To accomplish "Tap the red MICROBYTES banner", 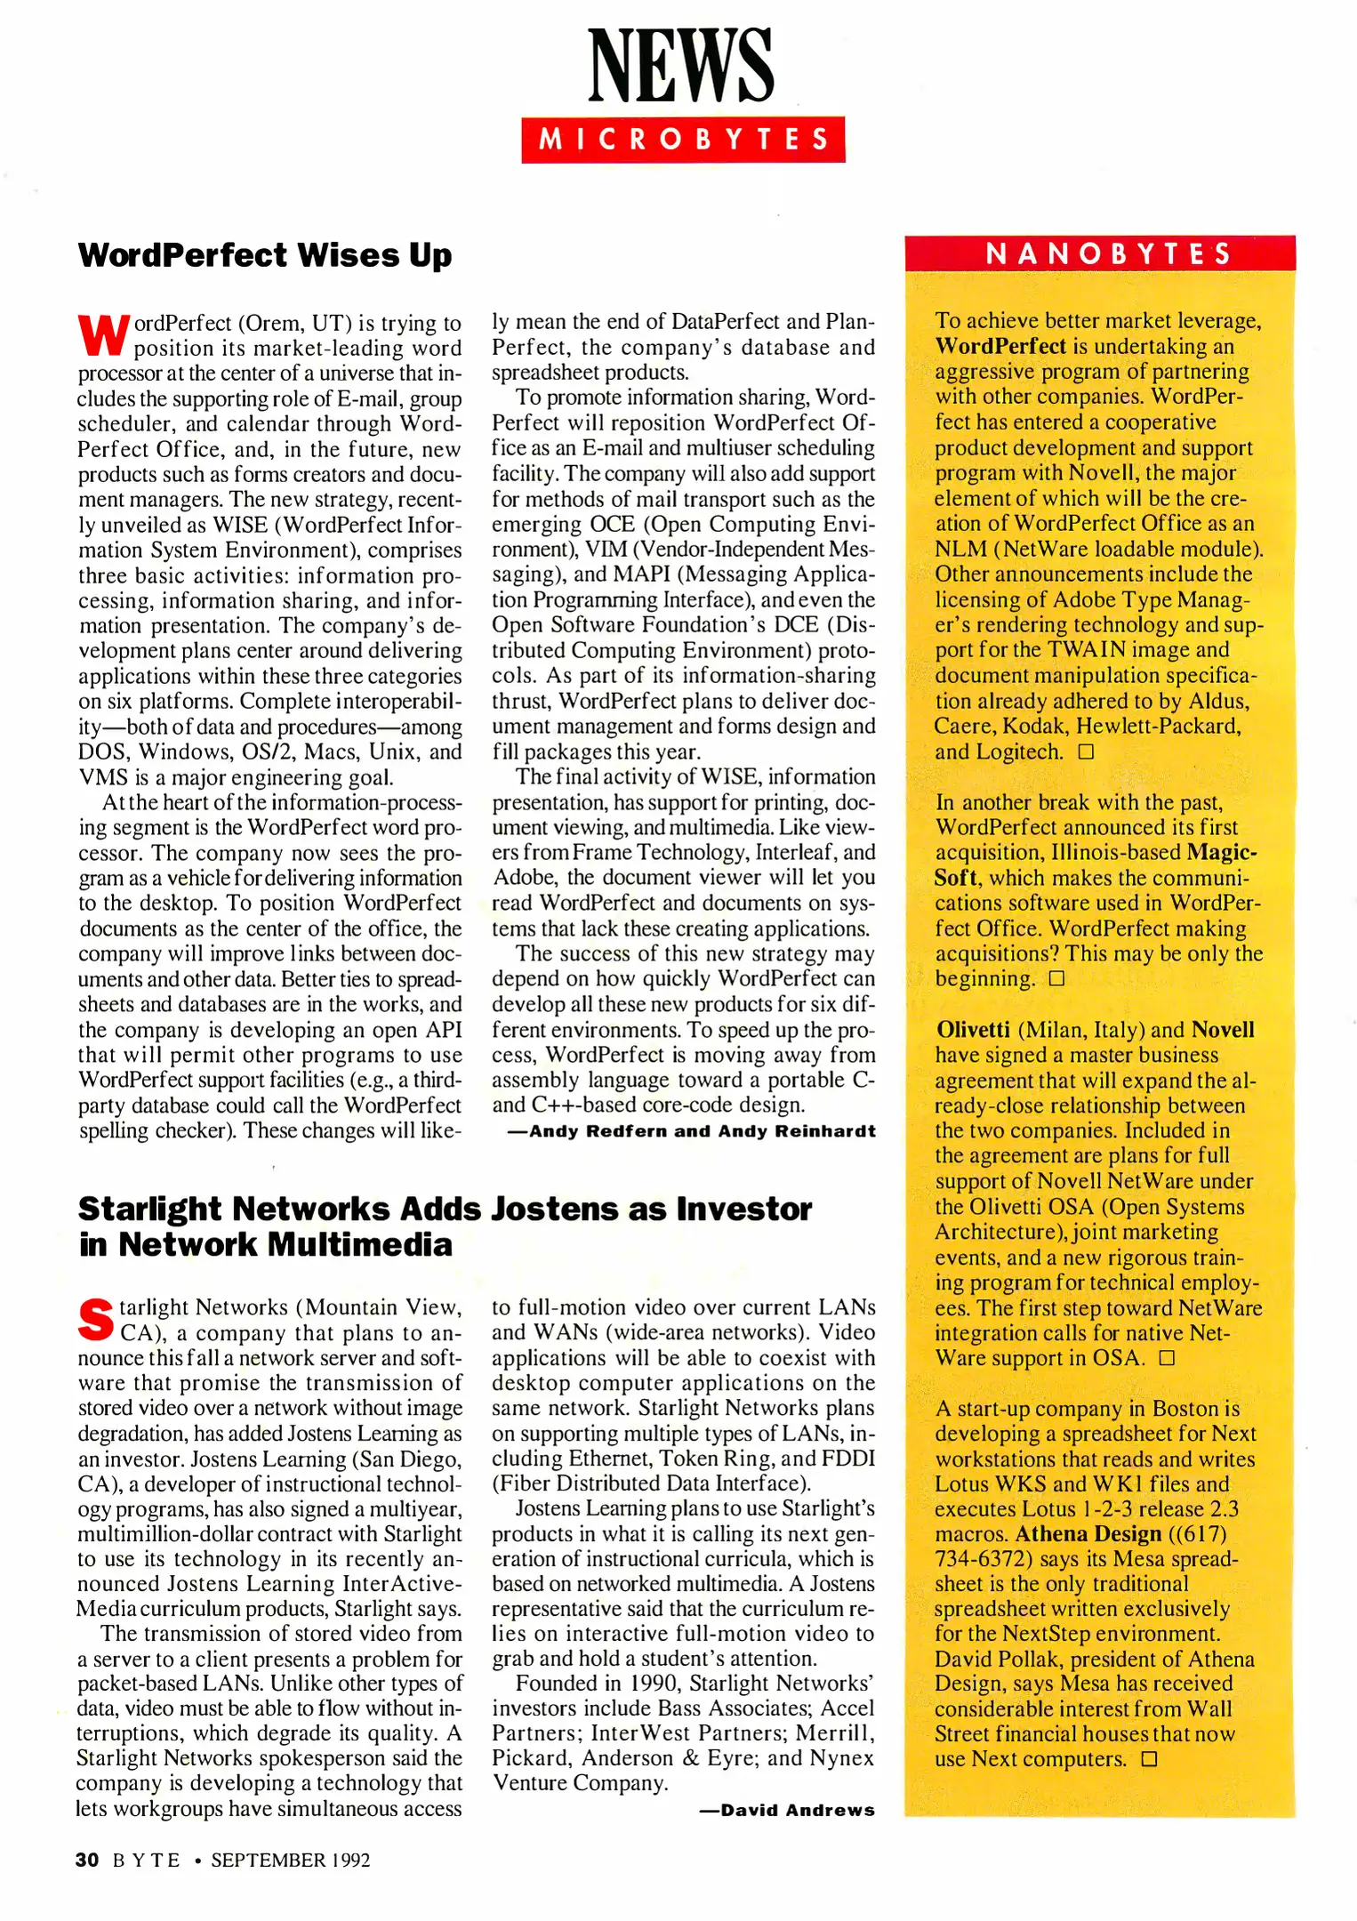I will coord(682,140).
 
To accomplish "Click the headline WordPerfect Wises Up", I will coord(265,255).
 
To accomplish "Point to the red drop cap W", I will coord(103,334).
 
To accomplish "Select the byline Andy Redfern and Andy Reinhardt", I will coord(691,1131).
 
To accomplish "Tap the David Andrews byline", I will coord(787,1810).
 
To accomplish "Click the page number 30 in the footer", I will coord(87,1860).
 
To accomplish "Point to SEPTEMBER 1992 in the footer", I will coord(290,1860).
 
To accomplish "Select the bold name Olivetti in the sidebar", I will coord(972,1030).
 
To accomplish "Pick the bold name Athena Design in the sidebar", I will coord(1088,1534).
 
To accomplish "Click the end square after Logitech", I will coord(1085,752).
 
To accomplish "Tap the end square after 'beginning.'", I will coord(1056,979).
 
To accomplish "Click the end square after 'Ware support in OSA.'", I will coord(1166,1358).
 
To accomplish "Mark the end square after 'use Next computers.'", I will coord(1149,1759).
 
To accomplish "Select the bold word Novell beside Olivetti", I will coord(1223,1030).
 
